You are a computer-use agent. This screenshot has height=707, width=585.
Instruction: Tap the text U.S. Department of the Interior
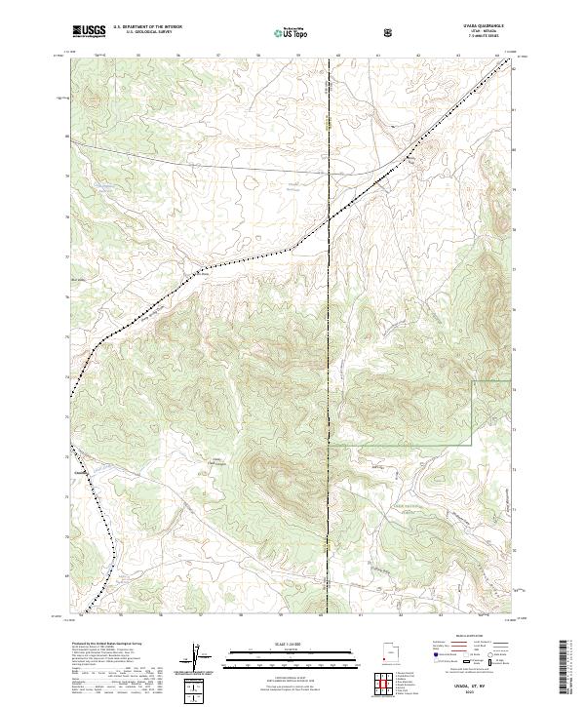coord(140,28)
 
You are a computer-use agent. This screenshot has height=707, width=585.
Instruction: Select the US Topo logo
coord(288,32)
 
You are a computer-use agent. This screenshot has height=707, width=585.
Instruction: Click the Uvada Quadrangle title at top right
coord(481,27)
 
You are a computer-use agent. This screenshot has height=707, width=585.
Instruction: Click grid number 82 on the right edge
coord(516,68)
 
